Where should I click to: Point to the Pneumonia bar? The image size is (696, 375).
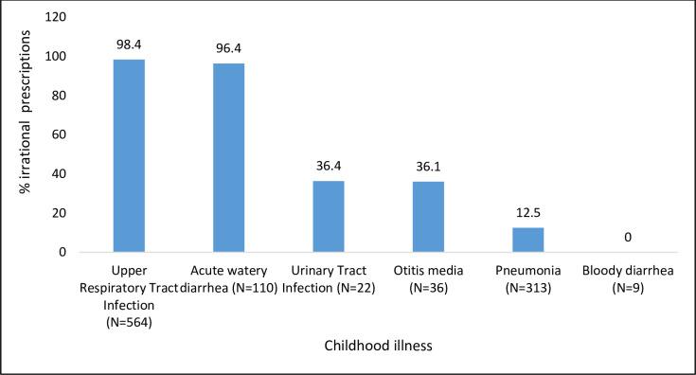[x=527, y=241]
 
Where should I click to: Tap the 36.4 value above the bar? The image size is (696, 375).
[x=329, y=166]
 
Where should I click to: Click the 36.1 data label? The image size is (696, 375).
[x=428, y=167]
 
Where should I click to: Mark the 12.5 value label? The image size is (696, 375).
[x=527, y=213]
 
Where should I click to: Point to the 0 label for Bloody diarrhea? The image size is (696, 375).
[x=627, y=238]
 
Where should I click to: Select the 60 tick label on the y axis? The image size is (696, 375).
[x=60, y=134]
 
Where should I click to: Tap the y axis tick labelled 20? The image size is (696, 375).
[x=60, y=213]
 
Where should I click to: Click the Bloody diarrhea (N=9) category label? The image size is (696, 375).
[x=627, y=279]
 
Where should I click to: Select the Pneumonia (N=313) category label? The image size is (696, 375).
[x=527, y=279]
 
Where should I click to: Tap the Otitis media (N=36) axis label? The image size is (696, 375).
[x=428, y=279]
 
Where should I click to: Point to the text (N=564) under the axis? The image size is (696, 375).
[x=130, y=321]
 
